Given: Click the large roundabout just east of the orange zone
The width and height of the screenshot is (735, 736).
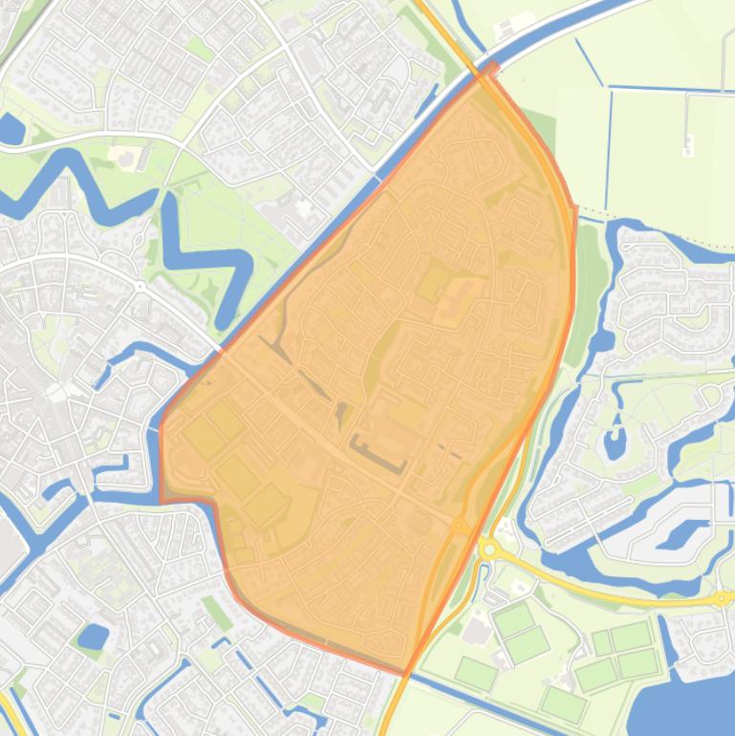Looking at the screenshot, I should point(490,550).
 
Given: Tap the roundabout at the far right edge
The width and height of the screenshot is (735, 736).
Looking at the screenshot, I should point(722,598).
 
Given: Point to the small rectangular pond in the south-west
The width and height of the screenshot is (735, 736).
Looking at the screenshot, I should point(93,636).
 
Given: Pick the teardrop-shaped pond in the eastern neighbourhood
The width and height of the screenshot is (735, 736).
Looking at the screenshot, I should point(615,442).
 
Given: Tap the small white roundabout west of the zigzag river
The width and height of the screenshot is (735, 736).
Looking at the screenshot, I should point(141,286).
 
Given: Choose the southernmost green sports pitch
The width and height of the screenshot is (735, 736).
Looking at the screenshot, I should point(562,705).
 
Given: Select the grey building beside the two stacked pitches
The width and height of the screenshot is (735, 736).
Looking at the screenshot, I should point(476,630).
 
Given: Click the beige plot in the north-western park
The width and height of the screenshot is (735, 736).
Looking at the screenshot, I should point(125,154).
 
